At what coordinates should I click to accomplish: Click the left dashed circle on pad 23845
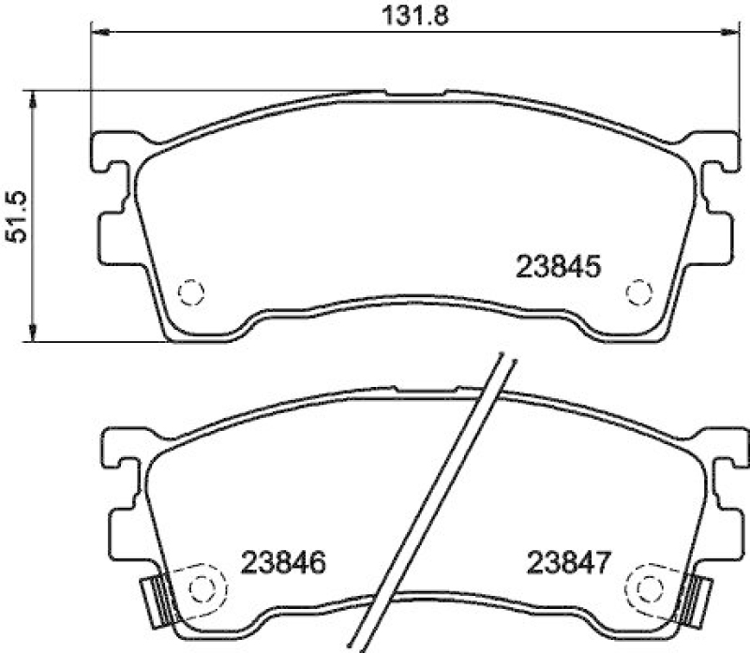tap(191, 293)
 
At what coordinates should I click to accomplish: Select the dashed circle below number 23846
tap(202, 587)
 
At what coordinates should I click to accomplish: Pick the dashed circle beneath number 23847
tap(649, 587)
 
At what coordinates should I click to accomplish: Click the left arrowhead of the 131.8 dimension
tap(99, 34)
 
